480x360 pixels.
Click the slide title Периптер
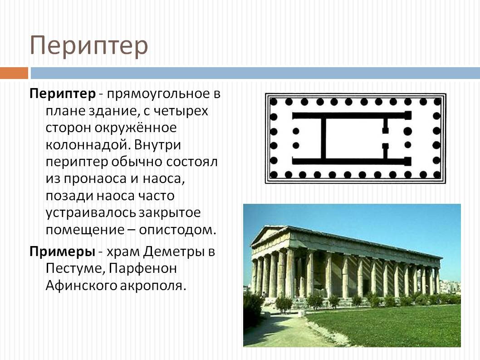click(89, 46)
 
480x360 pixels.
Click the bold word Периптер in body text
click(63, 94)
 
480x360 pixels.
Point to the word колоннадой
click(83, 145)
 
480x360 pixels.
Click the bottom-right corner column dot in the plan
click(437, 174)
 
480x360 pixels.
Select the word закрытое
click(170, 212)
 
